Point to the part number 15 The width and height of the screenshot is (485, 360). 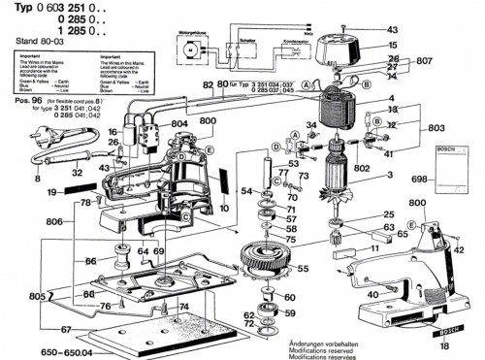[392, 46]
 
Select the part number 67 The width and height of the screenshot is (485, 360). [38, 330]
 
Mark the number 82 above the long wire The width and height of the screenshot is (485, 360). [208, 83]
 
